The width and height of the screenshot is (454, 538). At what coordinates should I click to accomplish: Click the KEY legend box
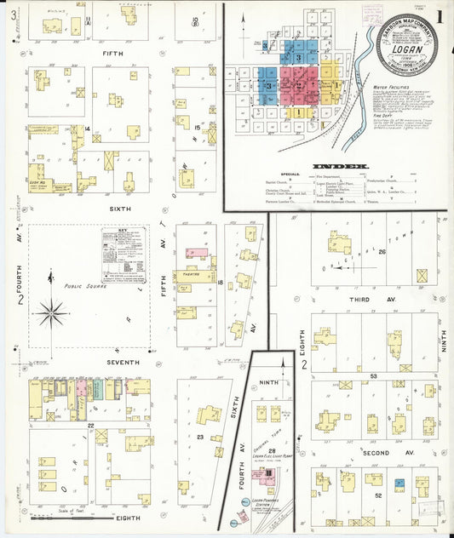pos(124,255)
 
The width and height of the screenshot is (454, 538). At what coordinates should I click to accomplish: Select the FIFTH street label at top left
pos(113,54)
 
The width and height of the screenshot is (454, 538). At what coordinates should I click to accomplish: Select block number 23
pos(198,437)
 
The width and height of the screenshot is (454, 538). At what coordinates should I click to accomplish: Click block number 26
pos(382,252)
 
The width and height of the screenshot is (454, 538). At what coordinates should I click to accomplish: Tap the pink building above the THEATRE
pos(198,254)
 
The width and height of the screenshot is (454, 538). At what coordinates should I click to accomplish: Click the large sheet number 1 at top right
pos(440,15)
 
